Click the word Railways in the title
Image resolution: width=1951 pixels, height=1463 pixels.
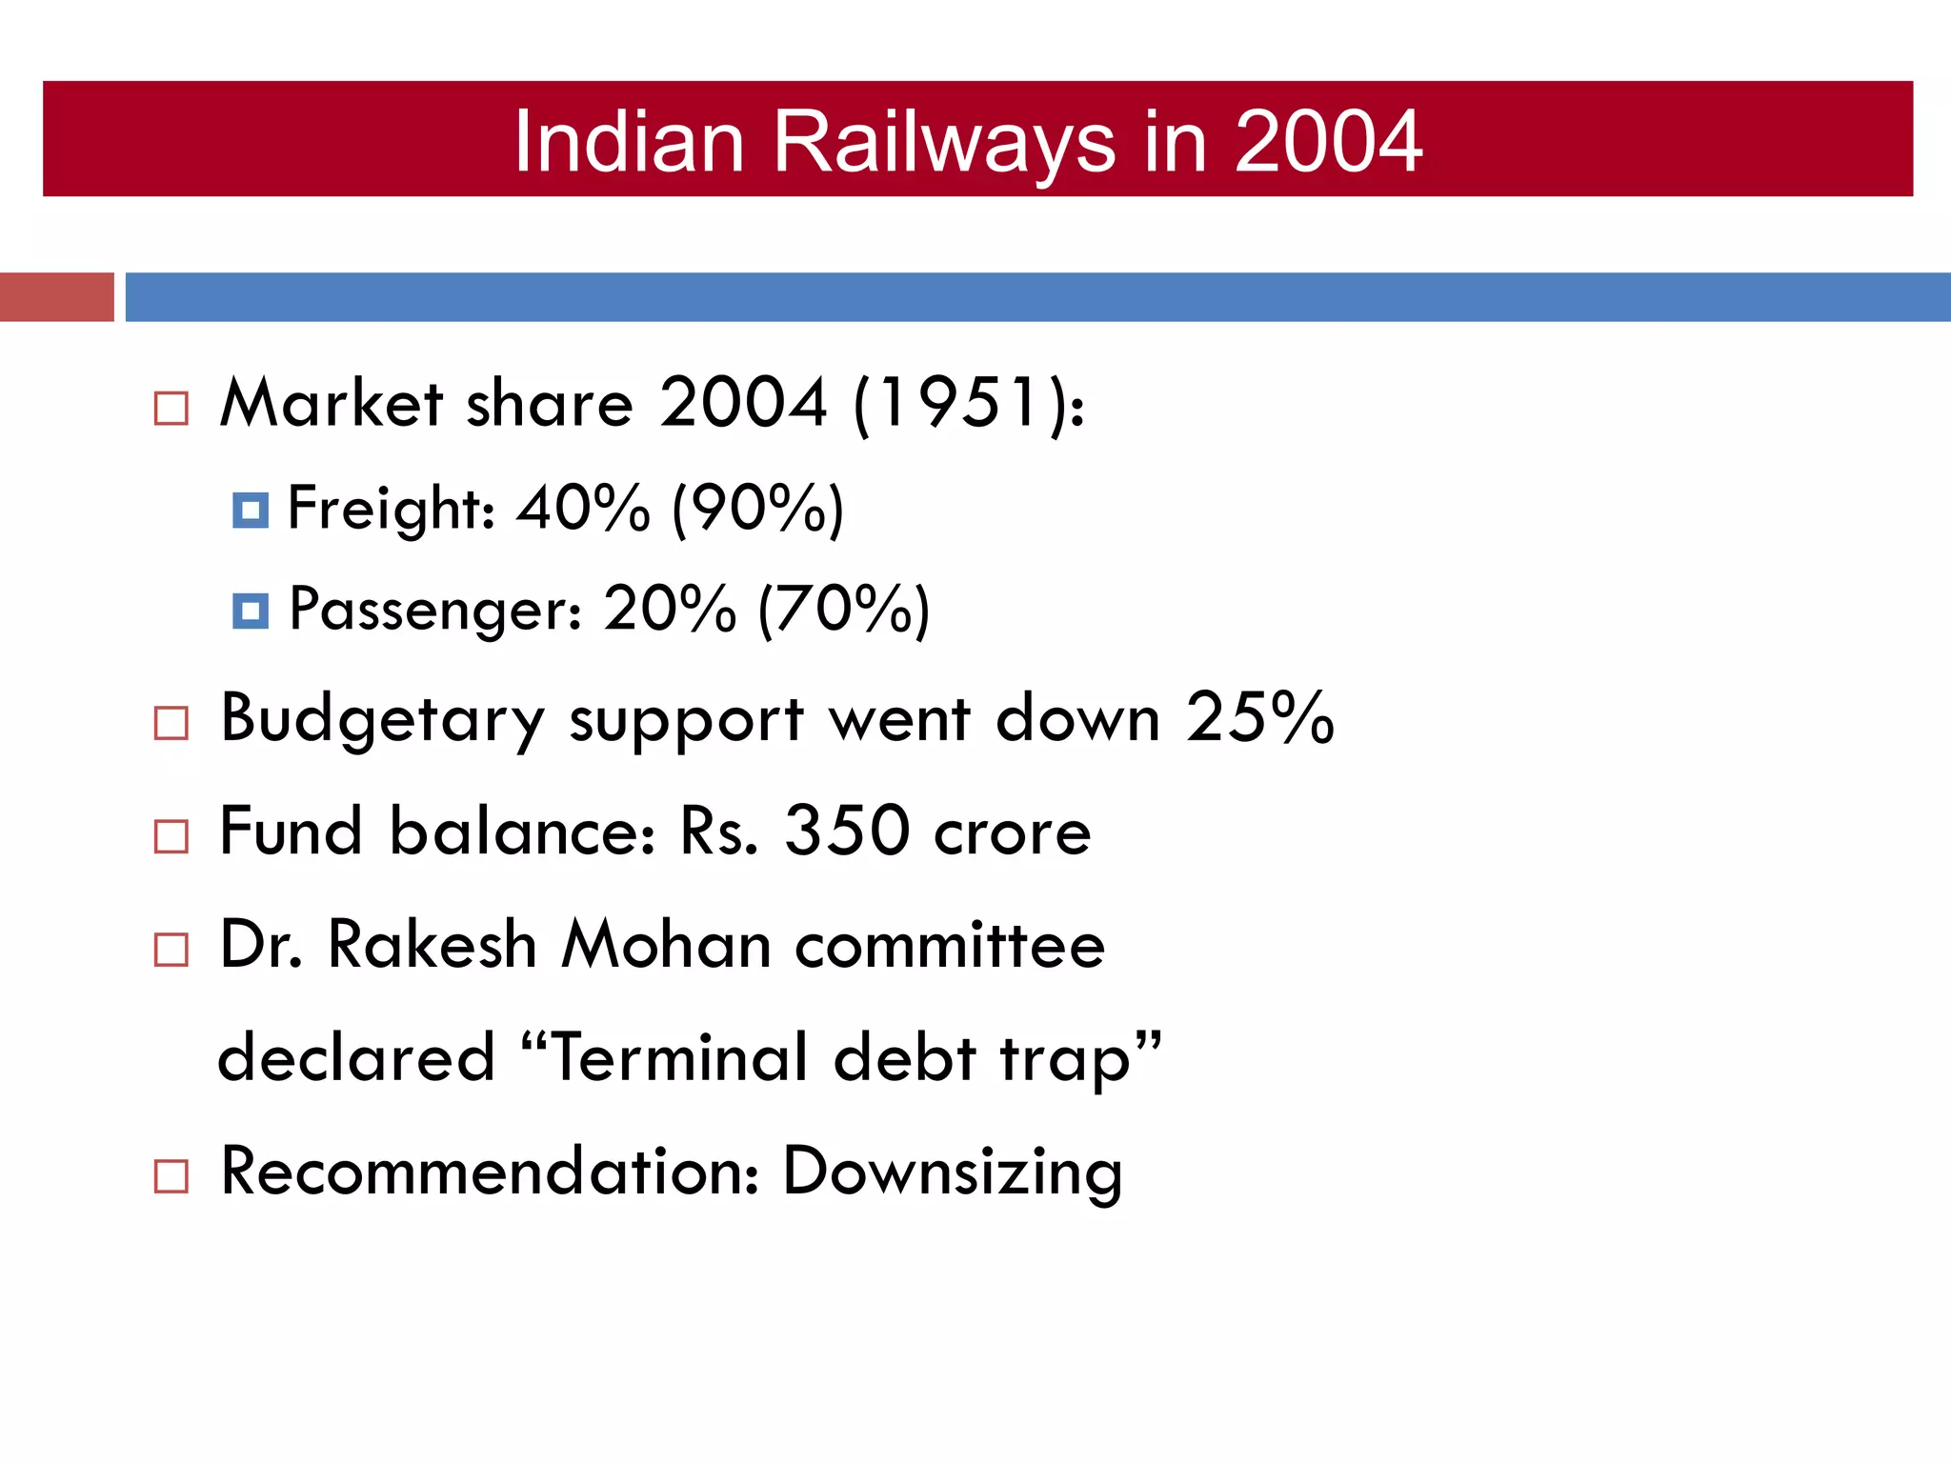(943, 143)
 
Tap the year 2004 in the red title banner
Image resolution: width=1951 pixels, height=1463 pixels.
(1328, 143)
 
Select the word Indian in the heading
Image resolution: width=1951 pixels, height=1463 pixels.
(629, 143)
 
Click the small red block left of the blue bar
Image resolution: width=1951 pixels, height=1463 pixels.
(57, 297)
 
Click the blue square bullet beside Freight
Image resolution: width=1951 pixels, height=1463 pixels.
(251, 511)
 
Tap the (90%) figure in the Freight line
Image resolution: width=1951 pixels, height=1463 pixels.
(757, 510)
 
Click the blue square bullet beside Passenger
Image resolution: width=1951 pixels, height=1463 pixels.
(251, 611)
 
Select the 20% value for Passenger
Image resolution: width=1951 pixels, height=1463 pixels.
(670, 609)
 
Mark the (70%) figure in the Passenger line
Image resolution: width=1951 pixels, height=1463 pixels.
(843, 611)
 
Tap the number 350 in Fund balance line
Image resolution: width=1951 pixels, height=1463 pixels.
(847, 832)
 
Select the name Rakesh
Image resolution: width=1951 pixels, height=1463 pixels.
(432, 945)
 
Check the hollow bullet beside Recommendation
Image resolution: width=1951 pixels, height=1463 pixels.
(171, 1177)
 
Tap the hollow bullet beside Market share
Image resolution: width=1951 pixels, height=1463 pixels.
(171, 409)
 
